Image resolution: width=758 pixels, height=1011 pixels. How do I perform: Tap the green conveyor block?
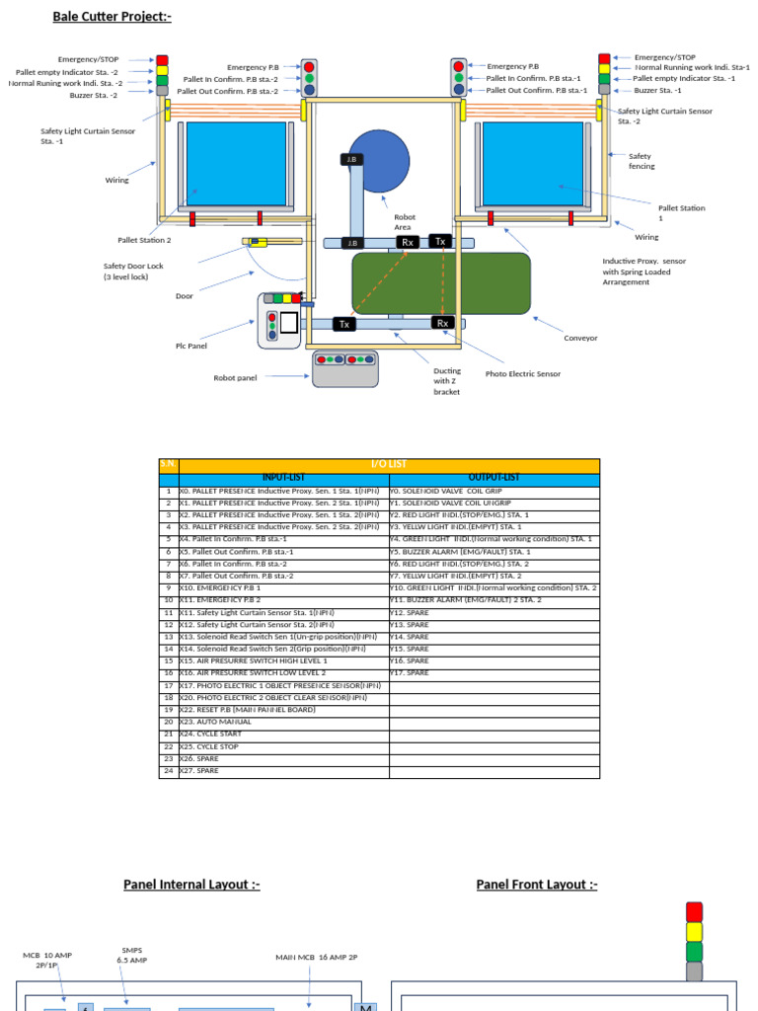(x=441, y=282)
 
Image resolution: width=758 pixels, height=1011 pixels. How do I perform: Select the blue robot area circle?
(x=379, y=161)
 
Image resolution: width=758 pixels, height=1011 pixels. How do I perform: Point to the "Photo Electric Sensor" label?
(x=522, y=374)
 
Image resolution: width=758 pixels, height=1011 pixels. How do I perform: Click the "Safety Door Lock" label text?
(x=135, y=272)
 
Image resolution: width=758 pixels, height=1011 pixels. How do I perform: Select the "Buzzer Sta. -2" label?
(x=94, y=96)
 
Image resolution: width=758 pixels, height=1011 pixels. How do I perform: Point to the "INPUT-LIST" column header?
(x=283, y=479)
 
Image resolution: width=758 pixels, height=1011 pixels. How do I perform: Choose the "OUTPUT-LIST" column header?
(x=493, y=479)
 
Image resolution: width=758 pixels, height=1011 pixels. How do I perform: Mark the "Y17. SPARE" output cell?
(x=411, y=673)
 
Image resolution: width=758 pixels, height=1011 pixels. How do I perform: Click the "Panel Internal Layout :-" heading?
(x=191, y=885)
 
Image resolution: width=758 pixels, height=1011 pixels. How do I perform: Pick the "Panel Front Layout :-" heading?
(x=536, y=885)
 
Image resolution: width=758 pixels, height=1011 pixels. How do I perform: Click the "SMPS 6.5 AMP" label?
(x=132, y=955)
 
